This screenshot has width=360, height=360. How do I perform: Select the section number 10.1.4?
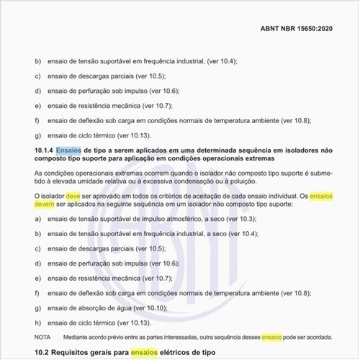45,148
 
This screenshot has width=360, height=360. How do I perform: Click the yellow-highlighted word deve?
73,196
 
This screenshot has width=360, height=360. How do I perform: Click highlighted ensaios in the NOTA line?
272,336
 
